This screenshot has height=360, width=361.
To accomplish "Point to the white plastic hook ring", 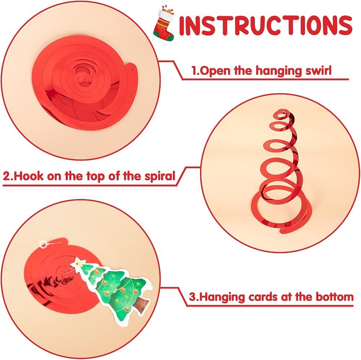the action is click(x=43, y=244).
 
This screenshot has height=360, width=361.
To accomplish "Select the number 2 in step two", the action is click(x=7, y=177).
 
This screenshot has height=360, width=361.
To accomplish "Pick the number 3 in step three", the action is click(x=192, y=297).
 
